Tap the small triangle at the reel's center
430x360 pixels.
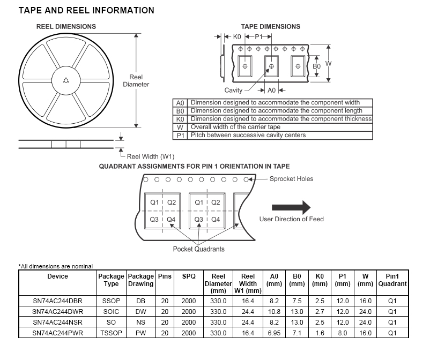(66, 80)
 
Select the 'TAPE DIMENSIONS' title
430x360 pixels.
(271, 26)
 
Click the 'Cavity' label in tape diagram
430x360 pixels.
(233, 91)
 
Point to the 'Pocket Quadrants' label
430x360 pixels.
(199, 249)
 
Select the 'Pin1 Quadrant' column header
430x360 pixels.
(392, 280)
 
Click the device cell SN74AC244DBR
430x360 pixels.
(57, 302)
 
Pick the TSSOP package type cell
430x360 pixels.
(111, 333)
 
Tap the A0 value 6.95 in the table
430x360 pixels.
(274, 333)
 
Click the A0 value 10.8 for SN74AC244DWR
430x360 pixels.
(274, 312)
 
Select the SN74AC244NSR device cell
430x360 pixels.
(57, 322)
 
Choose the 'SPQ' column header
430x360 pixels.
(189, 276)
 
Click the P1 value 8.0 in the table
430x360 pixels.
(342, 333)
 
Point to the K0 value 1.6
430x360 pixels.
(320, 333)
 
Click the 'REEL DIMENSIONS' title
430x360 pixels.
(66, 26)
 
